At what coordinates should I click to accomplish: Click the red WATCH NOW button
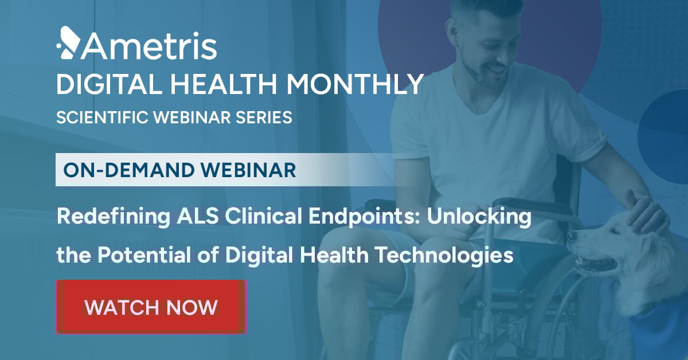pos(151,307)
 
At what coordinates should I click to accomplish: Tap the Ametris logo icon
pos(67,44)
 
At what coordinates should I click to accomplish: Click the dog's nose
pos(572,236)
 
